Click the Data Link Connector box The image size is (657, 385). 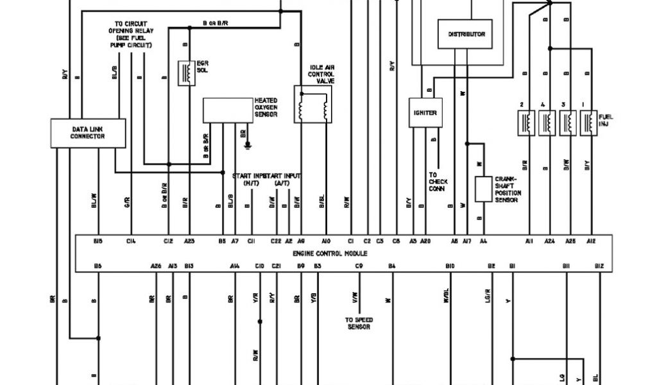coord(88,133)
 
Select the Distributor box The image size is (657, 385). coord(466,34)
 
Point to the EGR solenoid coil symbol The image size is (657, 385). coord(186,73)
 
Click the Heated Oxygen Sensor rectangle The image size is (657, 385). coord(228,110)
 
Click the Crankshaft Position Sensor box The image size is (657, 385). coord(483,189)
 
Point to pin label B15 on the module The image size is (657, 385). coord(98,241)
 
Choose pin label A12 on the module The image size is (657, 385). coord(591,241)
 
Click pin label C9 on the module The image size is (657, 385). coord(359,265)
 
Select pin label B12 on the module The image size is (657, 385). coord(599,265)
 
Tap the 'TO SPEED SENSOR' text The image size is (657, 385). coord(359,323)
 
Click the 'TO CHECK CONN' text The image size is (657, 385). coord(438,182)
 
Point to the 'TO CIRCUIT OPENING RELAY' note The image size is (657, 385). coord(131,34)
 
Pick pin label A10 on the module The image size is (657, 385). coord(326,241)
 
